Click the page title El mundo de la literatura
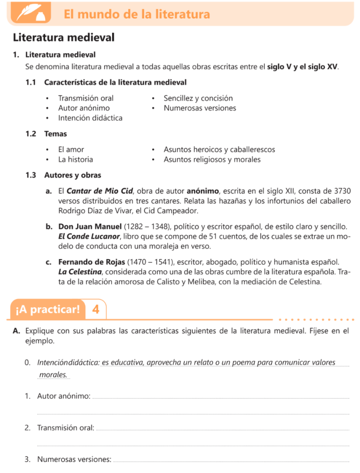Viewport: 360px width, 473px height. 137,14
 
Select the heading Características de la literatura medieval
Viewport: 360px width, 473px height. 115,82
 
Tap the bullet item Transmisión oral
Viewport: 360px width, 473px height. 86,98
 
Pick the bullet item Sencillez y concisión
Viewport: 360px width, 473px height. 198,98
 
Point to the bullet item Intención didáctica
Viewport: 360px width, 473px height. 90,118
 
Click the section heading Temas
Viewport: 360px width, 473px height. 55,133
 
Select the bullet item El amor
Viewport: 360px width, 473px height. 71,150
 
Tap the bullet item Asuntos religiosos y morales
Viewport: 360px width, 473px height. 212,159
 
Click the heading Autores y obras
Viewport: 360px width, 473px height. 72,175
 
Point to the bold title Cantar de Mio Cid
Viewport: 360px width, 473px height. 100,190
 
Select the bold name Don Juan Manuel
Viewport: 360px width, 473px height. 91,227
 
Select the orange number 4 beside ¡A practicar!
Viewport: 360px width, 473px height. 96,309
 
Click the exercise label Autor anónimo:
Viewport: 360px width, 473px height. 64,396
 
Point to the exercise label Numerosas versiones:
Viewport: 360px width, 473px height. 74,459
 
